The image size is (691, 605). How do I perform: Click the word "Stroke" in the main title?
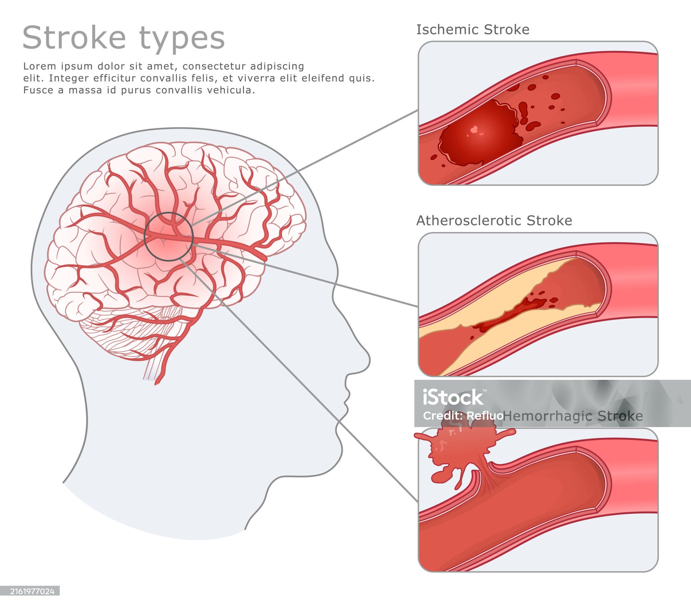(74, 38)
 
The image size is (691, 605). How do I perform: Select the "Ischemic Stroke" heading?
(473, 30)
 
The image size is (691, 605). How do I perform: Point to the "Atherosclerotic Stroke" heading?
(494, 221)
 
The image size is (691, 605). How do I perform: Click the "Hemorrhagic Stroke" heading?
(573, 416)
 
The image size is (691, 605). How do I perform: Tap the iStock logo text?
(453, 397)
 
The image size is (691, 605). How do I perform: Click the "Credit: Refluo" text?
(463, 416)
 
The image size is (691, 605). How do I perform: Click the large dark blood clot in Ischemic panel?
(479, 135)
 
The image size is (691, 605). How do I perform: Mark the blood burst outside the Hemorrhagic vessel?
(459, 449)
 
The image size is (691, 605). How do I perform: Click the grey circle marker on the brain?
(168, 237)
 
